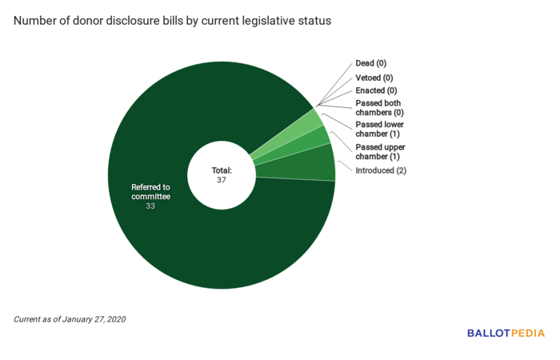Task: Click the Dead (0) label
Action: (x=370, y=63)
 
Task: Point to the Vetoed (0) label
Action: (x=374, y=78)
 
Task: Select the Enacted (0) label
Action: (x=375, y=91)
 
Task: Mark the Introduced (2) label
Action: (x=381, y=170)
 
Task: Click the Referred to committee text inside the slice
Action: (x=150, y=191)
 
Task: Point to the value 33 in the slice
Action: (x=150, y=206)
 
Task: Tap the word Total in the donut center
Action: (x=221, y=170)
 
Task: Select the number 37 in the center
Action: (x=222, y=180)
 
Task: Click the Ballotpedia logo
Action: (x=506, y=333)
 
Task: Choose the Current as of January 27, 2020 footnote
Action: (x=70, y=319)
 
